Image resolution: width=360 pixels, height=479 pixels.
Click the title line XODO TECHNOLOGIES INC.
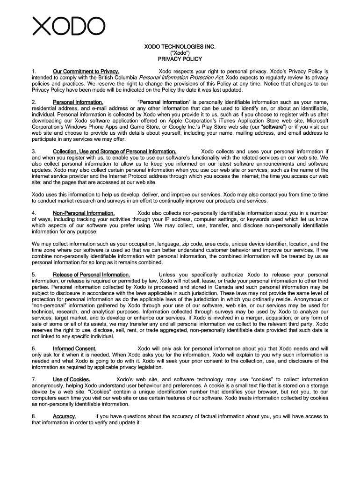coord(180,47)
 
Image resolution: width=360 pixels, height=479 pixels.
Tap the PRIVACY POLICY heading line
coord(180,59)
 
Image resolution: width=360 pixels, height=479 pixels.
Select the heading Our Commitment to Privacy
coord(86,72)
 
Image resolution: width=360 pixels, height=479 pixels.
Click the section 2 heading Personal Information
coord(78,102)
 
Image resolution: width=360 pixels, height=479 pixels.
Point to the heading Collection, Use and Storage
coord(115,152)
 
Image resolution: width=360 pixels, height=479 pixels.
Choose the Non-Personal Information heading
coord(84,213)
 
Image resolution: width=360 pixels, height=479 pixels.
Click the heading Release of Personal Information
coord(91,275)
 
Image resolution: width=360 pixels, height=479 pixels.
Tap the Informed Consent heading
coord(75,348)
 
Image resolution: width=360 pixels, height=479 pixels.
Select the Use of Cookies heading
coord(72,379)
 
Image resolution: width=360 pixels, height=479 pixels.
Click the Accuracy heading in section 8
coord(65,416)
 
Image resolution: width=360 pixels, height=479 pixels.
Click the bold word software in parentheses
coord(273,127)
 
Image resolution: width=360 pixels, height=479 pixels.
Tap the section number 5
coord(34,275)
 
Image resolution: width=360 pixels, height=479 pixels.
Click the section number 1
coord(34,72)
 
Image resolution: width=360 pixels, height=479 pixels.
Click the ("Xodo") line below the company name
coord(180,53)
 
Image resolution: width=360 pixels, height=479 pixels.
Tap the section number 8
coord(34,416)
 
